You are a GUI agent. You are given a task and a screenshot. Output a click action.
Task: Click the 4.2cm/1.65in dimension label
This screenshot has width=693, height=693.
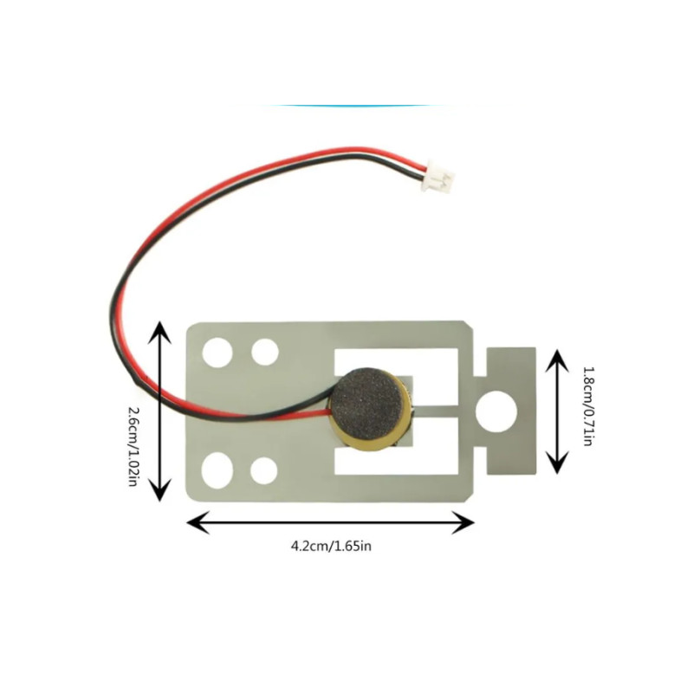pyautogui.click(x=331, y=546)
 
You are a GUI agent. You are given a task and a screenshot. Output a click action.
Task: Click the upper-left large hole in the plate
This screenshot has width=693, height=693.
pyautogui.click(x=217, y=352)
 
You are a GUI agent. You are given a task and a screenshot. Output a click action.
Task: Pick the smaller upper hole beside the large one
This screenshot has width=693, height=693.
pyautogui.click(x=264, y=352)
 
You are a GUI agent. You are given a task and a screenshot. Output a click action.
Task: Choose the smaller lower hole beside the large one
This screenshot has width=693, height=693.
pyautogui.click(x=263, y=470)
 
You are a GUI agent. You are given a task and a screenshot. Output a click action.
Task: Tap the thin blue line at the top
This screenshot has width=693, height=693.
pyautogui.click(x=355, y=106)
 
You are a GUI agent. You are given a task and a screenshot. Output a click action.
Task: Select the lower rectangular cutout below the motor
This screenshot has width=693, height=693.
pyautogui.click(x=407, y=459)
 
